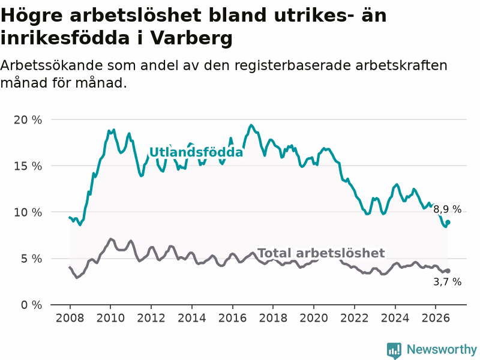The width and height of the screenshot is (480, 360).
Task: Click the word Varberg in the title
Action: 191,38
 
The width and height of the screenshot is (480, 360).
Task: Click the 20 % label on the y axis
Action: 28,120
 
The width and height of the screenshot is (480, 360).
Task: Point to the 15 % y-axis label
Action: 28,166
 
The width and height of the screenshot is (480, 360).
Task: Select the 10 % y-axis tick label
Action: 28,212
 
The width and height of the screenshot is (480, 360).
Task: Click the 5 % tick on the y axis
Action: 32,259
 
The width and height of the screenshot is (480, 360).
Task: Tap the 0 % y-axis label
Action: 32,305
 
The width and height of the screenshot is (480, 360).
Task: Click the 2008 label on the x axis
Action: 70,318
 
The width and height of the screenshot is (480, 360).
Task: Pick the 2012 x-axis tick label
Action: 151,318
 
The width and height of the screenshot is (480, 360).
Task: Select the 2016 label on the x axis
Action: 232,318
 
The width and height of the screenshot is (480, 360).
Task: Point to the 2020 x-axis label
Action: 314,318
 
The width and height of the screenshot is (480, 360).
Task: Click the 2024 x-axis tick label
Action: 395,318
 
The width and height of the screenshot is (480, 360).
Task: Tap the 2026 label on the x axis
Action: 436,318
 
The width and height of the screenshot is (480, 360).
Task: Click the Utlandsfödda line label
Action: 196,152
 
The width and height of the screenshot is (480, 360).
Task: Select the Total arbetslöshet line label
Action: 321,253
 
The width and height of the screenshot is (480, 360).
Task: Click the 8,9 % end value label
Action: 447,209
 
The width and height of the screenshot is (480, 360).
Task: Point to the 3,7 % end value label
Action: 447,281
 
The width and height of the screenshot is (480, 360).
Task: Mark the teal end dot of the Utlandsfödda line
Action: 448,222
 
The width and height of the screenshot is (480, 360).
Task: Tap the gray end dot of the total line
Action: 448,271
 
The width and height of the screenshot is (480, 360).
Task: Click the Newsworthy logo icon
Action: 394,350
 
